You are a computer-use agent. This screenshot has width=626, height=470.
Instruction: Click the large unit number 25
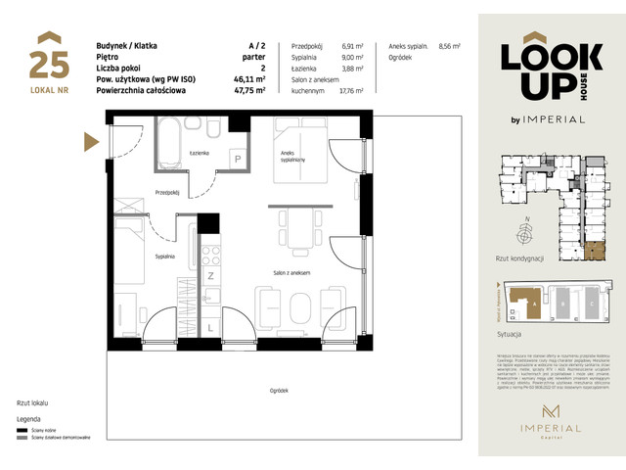click(x=48, y=65)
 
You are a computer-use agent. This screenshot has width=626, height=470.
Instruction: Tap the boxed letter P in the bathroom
click(x=237, y=159)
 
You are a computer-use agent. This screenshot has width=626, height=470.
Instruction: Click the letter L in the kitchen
click(x=210, y=327)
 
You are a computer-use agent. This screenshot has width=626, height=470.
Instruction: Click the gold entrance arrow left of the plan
click(x=94, y=143)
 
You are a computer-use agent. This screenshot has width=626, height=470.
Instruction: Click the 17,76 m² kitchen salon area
click(x=350, y=90)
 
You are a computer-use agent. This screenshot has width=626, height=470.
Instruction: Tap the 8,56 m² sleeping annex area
click(x=450, y=46)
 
